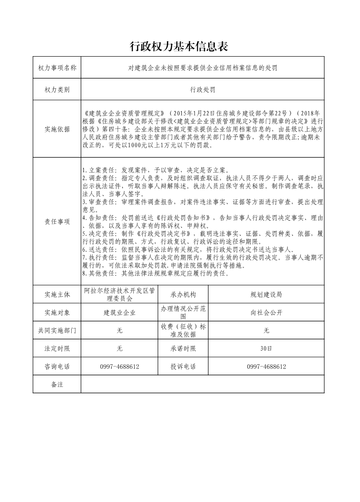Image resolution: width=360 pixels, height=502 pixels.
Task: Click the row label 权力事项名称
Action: [57, 68]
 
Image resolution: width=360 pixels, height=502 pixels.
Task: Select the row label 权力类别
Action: [57, 90]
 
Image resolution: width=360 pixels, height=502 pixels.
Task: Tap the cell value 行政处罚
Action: [202, 90]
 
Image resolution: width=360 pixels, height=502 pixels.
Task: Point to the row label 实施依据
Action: [57, 129]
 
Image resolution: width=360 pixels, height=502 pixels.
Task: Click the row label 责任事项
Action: [57, 222]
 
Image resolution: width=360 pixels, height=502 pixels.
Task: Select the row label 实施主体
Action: [57, 294]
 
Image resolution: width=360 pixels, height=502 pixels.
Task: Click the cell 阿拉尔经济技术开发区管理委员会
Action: [120, 294]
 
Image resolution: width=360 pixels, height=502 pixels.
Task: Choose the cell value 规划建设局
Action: [266, 294]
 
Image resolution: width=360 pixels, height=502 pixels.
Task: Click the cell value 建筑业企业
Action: [120, 313]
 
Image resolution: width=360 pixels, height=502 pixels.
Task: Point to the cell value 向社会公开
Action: [266, 313]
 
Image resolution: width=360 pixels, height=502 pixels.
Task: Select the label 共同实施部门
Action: [57, 331]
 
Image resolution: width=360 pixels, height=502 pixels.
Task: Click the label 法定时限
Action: [57, 349]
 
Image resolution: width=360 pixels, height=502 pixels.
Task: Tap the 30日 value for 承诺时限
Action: [266, 349]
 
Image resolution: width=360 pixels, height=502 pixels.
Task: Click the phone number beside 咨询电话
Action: [120, 367]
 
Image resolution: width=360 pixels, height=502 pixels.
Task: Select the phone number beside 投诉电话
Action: [266, 367]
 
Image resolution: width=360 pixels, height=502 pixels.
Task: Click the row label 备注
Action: [57, 384]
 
